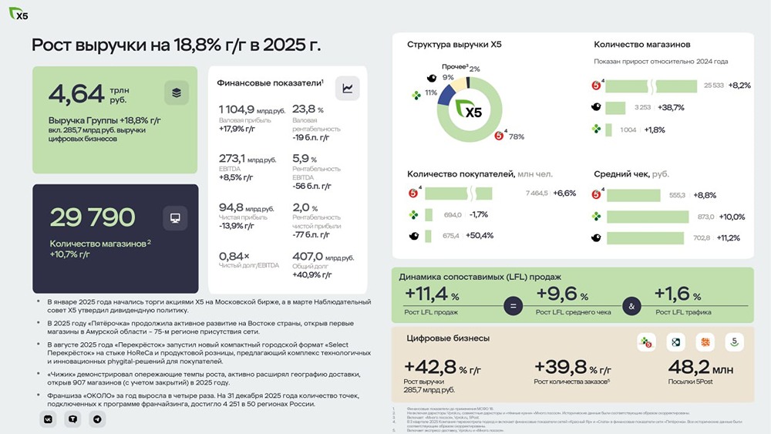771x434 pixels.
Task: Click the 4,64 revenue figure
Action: pyautogui.click(x=76, y=93)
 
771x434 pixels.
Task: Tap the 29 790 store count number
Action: pyautogui.click(x=93, y=218)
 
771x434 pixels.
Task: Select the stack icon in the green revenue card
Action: pyautogui.click(x=177, y=93)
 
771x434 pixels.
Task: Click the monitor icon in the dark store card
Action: pyautogui.click(x=175, y=218)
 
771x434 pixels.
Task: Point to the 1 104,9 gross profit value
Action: pyautogui.click(x=237, y=109)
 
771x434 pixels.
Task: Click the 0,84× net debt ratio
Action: pyautogui.click(x=234, y=257)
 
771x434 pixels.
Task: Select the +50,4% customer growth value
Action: pyautogui.click(x=479, y=235)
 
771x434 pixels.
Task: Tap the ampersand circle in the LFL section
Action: pyautogui.click(x=631, y=306)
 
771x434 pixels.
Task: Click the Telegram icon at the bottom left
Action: pyautogui.click(x=96, y=419)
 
